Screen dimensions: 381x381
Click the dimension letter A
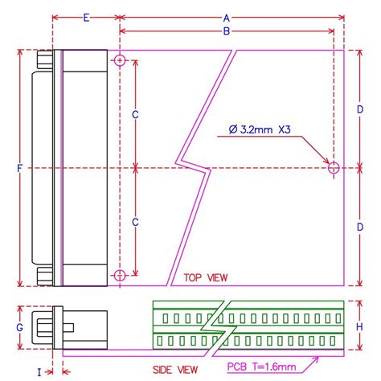click(x=227, y=17)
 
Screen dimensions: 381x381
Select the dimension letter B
click(x=227, y=31)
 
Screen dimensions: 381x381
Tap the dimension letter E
click(x=86, y=17)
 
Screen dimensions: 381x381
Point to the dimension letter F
click(x=18, y=168)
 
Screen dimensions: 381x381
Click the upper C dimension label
click(x=135, y=115)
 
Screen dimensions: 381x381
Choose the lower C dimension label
click(x=135, y=221)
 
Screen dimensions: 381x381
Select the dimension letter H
click(x=360, y=327)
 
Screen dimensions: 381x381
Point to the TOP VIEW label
click(x=206, y=277)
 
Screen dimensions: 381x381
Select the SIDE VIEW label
click(x=175, y=369)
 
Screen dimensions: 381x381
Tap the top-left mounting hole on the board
click(x=120, y=61)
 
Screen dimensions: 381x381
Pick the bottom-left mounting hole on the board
click(x=120, y=276)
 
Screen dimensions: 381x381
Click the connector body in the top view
click(x=80, y=168)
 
